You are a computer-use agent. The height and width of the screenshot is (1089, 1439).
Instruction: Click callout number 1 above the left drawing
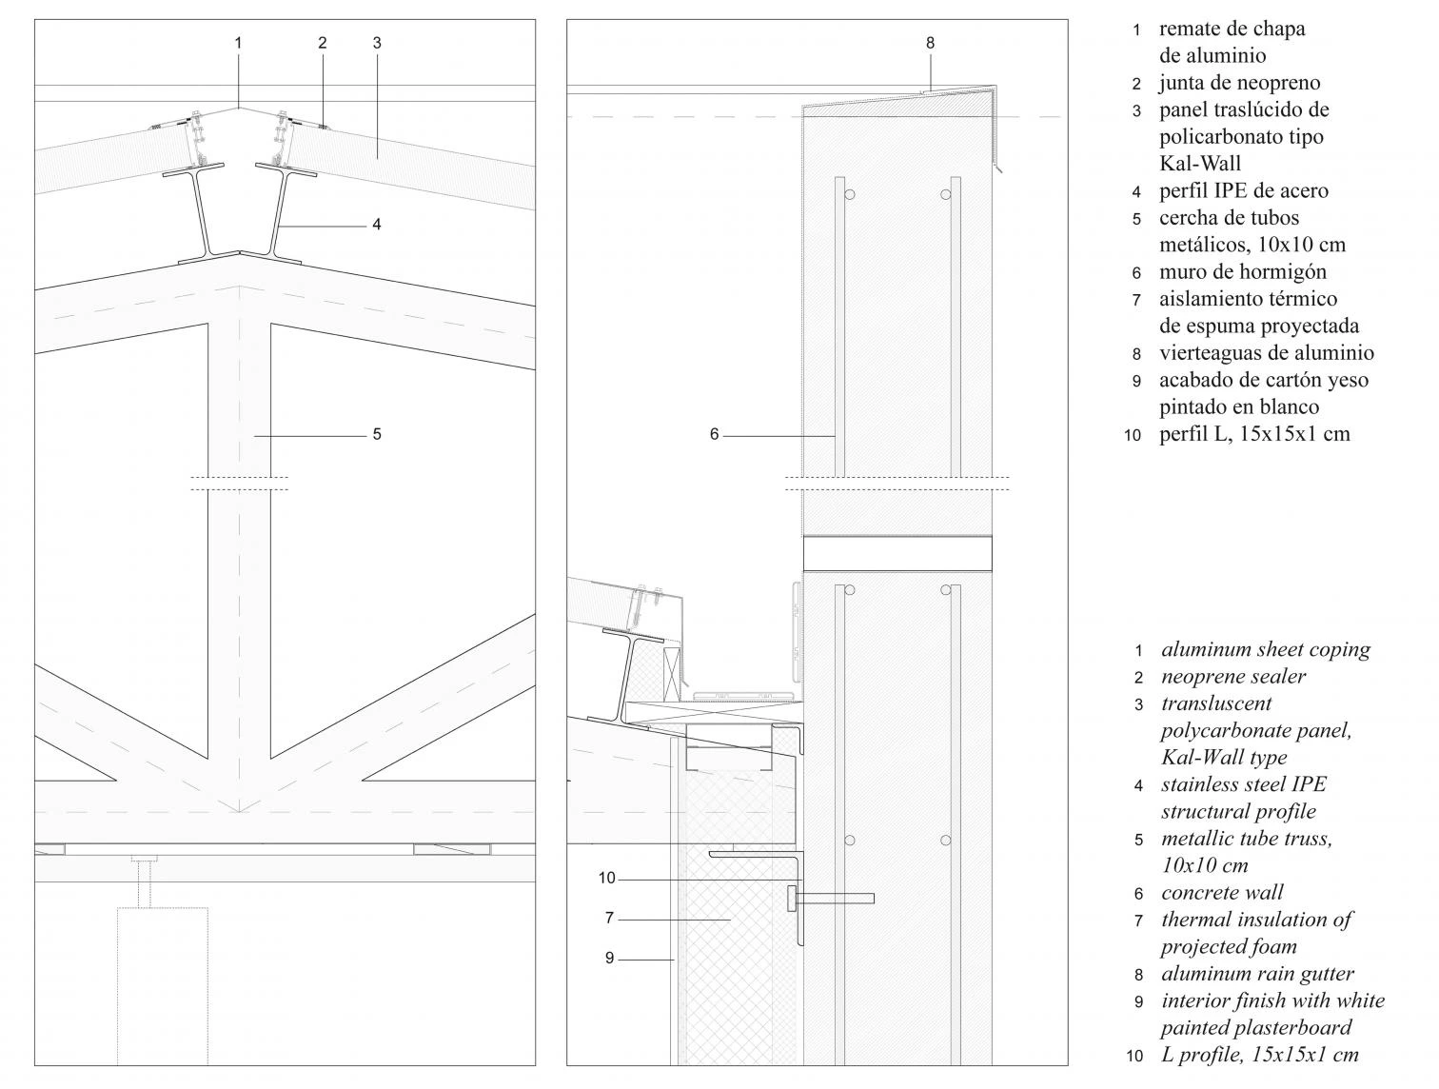(238, 43)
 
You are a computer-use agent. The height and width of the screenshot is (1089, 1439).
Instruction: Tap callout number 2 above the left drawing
(323, 43)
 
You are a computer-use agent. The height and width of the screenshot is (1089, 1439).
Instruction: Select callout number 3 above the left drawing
(377, 43)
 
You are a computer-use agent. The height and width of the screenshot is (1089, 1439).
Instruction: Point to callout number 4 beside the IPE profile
(377, 225)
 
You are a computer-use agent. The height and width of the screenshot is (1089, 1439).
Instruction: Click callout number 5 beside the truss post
(377, 434)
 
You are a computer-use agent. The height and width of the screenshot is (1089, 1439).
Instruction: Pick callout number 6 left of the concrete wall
(714, 435)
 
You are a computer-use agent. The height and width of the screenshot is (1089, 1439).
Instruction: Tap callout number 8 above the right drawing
(930, 43)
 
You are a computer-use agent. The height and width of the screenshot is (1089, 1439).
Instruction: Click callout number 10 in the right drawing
(607, 879)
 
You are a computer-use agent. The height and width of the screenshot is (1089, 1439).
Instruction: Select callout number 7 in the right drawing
(609, 919)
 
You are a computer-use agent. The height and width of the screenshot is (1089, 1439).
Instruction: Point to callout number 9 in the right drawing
(609, 959)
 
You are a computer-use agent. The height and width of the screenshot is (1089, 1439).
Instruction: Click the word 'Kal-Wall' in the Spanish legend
(1200, 164)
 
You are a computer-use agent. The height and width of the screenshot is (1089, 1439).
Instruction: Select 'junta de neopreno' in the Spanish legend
(1239, 83)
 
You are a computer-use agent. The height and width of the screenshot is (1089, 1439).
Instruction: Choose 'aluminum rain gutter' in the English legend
(1257, 974)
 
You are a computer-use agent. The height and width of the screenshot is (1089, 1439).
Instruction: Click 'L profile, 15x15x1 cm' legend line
(1259, 1055)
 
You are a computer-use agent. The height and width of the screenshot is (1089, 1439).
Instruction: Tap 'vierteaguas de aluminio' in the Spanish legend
(1266, 353)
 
